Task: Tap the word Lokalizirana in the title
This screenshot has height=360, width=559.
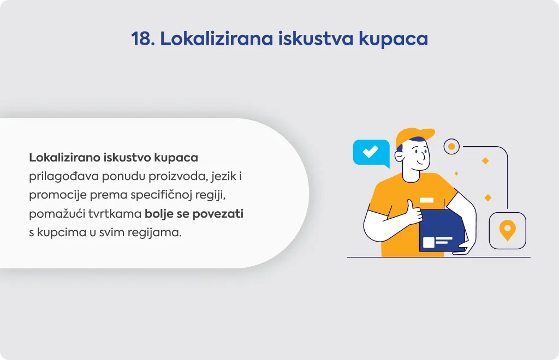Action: [x=216, y=39]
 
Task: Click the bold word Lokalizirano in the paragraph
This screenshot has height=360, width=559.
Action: [x=64, y=158]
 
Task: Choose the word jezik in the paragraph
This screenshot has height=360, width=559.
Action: [x=223, y=177]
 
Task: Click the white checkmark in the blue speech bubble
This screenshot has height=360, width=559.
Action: [x=371, y=151]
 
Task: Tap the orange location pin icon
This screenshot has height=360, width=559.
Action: [x=507, y=230]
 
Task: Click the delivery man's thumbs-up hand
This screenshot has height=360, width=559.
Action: [x=413, y=212]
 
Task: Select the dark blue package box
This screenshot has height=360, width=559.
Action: [x=442, y=230]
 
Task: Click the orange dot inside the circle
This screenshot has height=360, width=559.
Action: [x=451, y=146]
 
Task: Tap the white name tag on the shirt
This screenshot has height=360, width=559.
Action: [x=427, y=200]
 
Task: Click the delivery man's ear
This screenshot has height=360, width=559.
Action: [x=399, y=157]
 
